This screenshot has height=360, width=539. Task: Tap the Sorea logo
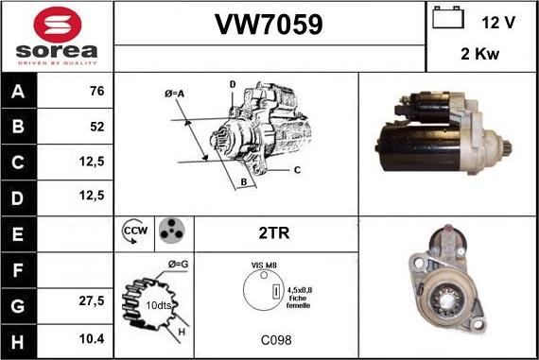pos(57,36)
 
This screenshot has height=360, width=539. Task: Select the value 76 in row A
pos(96,93)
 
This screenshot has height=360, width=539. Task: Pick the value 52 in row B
pos(96,126)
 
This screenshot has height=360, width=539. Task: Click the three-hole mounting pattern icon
pos(170,231)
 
